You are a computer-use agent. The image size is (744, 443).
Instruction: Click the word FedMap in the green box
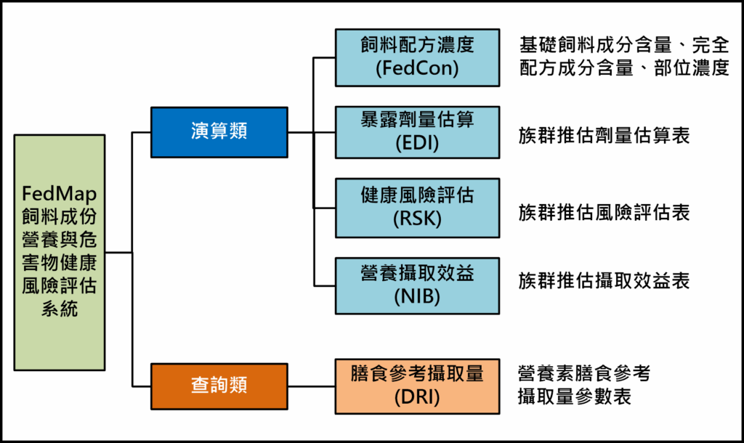60,195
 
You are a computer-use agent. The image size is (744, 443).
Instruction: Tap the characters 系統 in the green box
60,309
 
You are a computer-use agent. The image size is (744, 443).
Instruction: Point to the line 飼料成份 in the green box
60,217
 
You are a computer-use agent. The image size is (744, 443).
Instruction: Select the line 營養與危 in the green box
60,240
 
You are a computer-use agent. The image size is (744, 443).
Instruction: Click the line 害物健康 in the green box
60,263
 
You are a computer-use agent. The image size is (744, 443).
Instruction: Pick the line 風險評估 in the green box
60,285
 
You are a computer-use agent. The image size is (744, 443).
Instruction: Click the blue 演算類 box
219,132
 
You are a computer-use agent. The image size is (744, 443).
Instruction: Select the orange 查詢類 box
219,386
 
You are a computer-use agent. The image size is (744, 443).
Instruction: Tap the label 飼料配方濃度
417,45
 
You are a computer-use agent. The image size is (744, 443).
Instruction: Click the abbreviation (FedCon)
417,68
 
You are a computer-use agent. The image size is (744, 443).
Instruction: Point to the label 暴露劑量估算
417,120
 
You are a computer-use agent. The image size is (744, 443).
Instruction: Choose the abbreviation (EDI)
417,143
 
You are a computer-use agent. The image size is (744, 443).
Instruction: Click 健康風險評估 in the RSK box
417,195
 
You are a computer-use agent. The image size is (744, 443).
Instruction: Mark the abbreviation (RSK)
417,219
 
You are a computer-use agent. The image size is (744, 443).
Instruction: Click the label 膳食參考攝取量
417,374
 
